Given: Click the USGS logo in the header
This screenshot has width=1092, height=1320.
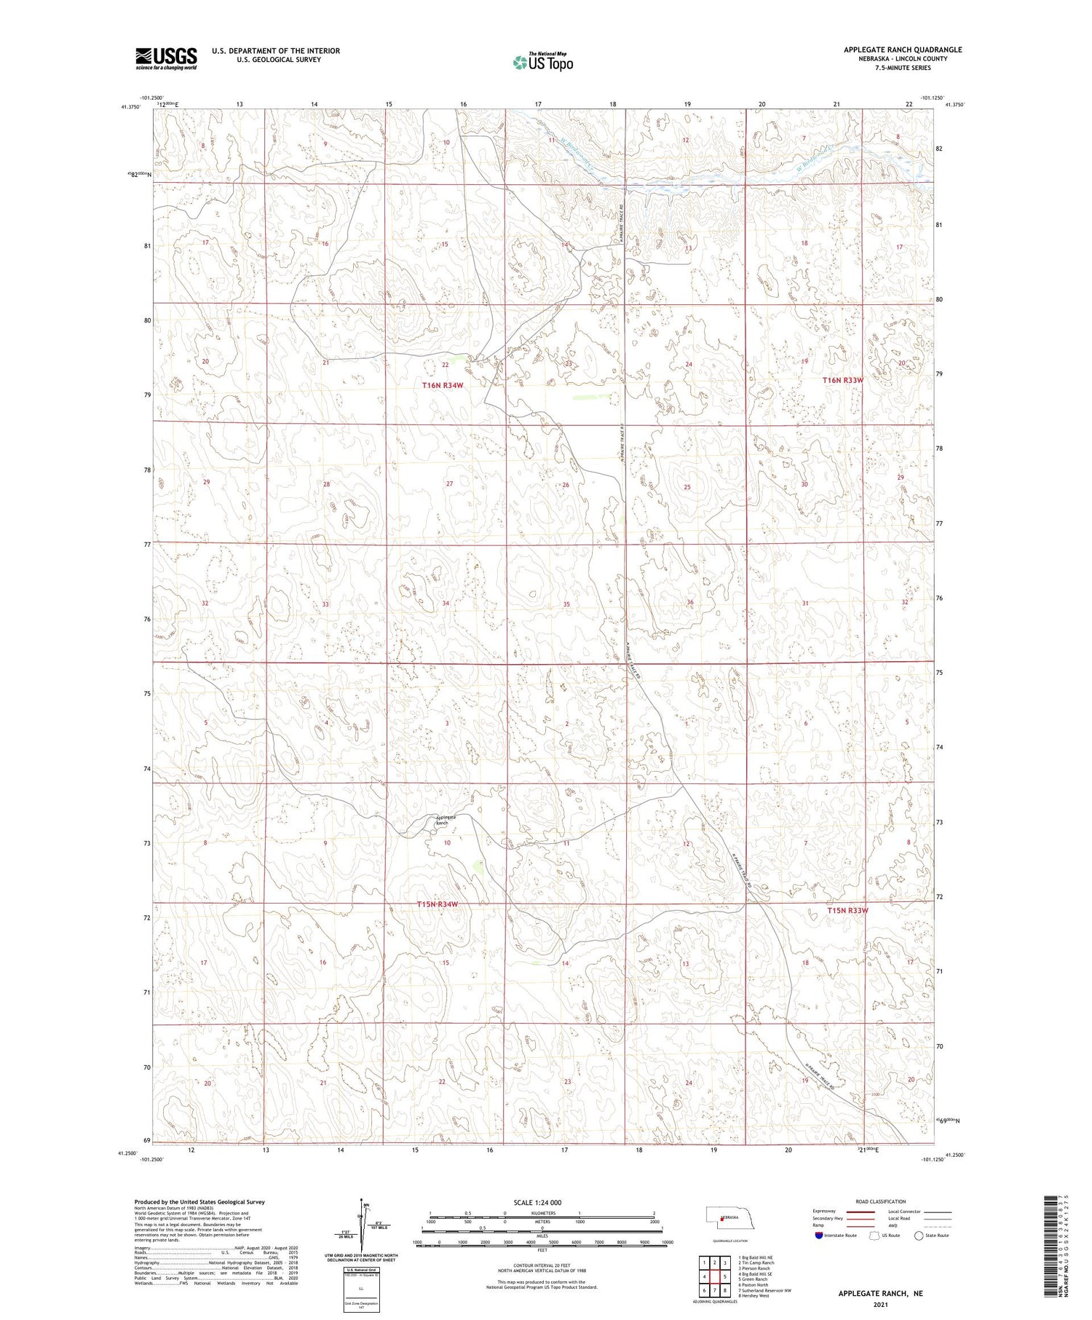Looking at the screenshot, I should (166, 58).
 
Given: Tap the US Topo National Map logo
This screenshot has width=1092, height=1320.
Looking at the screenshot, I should (542, 62).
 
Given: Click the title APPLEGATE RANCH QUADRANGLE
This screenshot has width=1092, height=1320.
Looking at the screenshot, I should (903, 50).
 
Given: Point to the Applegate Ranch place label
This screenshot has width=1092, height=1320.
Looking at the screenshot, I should (446, 820).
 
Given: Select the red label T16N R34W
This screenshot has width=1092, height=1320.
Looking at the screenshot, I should (443, 385).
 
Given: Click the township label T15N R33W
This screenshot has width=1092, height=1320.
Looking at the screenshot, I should (847, 910).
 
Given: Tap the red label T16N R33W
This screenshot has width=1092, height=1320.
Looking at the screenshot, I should (842, 380).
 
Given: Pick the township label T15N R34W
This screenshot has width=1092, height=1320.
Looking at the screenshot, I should (438, 904).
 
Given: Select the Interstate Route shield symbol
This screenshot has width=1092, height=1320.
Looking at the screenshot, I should (819, 1236).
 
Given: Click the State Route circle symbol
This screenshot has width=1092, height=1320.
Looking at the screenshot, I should (919, 1236).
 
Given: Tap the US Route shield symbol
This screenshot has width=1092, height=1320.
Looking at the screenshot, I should (874, 1236).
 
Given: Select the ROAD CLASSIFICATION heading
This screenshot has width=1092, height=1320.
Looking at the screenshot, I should (880, 1201).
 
